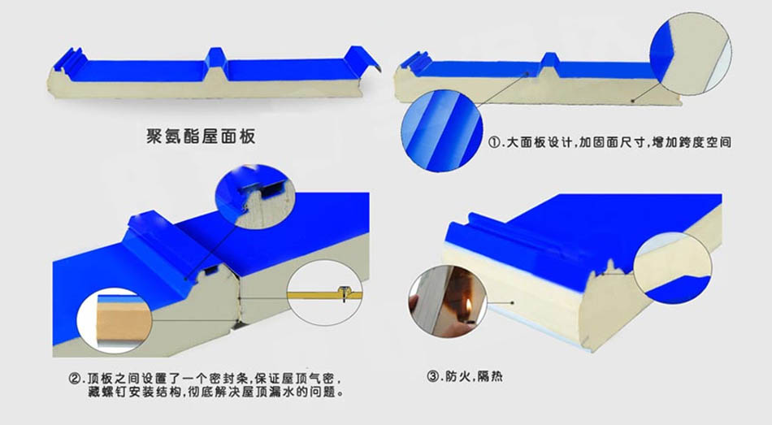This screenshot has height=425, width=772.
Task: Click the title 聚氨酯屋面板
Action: [x=201, y=136]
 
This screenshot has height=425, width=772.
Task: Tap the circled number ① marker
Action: [x=494, y=143]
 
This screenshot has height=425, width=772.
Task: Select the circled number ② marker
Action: [x=75, y=379]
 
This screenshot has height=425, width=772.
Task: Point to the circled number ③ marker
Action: [x=433, y=377]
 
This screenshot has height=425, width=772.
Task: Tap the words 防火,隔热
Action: [x=474, y=377]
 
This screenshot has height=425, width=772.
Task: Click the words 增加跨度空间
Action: [x=692, y=143]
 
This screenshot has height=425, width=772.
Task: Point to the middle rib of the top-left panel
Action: [x=216, y=61]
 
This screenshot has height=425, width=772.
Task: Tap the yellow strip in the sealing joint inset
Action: [x=325, y=296]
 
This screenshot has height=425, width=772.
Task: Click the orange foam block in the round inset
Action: [x=123, y=321]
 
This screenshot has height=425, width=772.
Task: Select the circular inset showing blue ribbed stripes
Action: [x=441, y=131]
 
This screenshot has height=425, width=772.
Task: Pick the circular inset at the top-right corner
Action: [x=690, y=53]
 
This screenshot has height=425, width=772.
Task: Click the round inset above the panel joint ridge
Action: [x=255, y=196]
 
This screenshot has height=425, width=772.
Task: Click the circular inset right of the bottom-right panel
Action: [x=673, y=268]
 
